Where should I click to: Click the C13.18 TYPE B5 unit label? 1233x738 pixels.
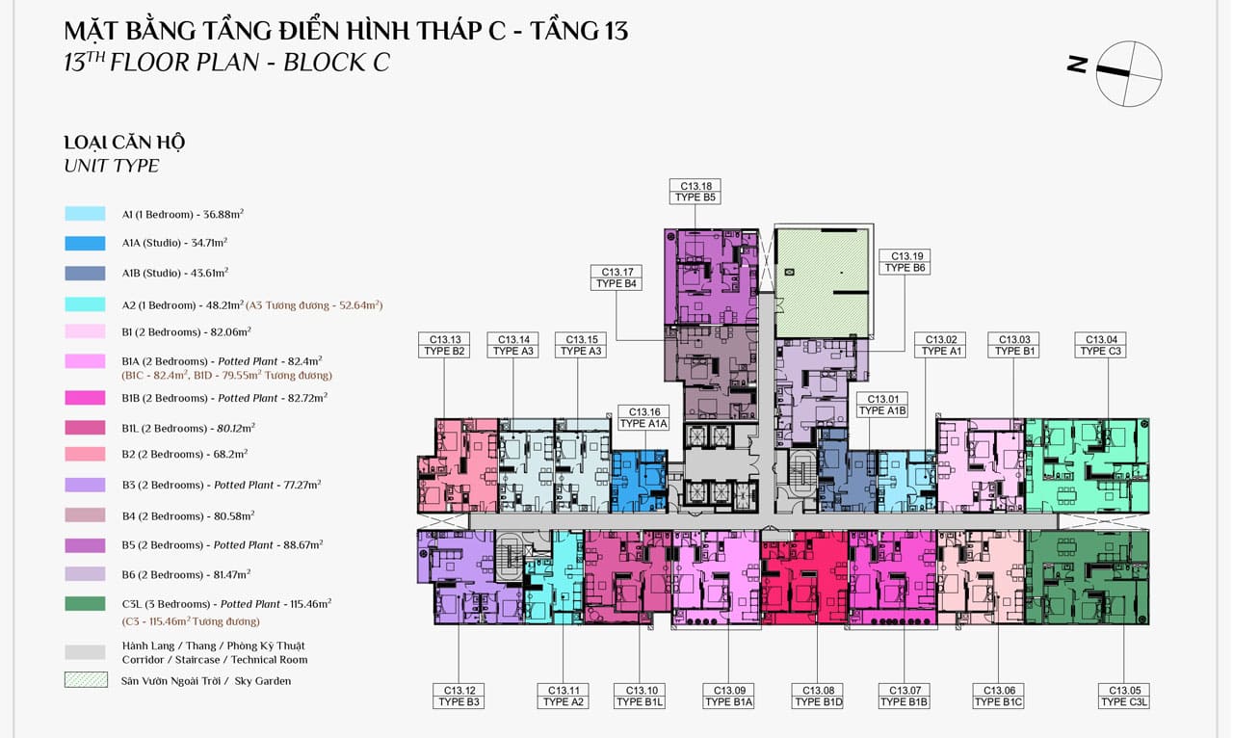pyautogui.click(x=695, y=192)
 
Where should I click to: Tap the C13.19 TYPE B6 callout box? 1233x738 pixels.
pyautogui.click(x=905, y=262)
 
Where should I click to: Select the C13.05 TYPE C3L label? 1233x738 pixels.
pyautogui.click(x=1123, y=697)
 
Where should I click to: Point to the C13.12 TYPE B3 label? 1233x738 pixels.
pyautogui.click(x=459, y=697)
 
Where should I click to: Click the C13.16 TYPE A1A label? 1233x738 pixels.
pyautogui.click(x=643, y=418)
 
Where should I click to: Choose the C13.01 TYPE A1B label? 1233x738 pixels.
pyautogui.click(x=882, y=405)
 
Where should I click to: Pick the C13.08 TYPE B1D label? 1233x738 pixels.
pyautogui.click(x=818, y=697)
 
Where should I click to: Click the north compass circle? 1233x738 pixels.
pyautogui.click(x=1129, y=73)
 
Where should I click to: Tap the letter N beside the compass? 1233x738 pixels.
pyautogui.click(x=1077, y=65)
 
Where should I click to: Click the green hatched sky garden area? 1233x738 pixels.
pyautogui.click(x=822, y=282)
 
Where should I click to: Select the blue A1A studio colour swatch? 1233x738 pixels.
pyautogui.click(x=85, y=244)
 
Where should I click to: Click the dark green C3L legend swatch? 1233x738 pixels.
pyautogui.click(x=85, y=604)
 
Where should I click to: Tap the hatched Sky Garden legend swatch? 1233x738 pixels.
pyautogui.click(x=86, y=679)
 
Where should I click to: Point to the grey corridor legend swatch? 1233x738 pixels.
pyautogui.click(x=85, y=652)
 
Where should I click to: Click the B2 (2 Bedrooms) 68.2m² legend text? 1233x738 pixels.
pyautogui.click(x=185, y=454)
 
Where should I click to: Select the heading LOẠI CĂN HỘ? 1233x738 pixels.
pyautogui.click(x=124, y=143)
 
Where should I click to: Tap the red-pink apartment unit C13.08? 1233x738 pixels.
pyautogui.click(x=804, y=577)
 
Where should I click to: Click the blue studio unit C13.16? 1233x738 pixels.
pyautogui.click(x=639, y=482)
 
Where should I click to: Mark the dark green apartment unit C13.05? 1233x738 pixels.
pyautogui.click(x=1088, y=577)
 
